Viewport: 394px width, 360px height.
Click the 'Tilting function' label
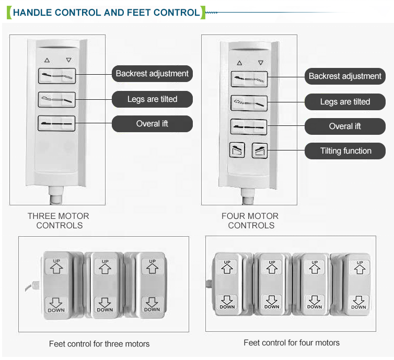(345, 151)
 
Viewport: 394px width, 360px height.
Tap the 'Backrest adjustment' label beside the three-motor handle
(152, 74)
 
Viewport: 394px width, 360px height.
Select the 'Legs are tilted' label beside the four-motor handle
(345, 102)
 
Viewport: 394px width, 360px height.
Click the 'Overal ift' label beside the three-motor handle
(152, 124)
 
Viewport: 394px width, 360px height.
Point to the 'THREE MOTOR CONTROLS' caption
(59, 220)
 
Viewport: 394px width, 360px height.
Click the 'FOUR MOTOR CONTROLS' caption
(250, 220)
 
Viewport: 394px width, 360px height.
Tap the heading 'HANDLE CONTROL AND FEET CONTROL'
(106, 13)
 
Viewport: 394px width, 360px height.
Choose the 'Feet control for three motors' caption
(99, 344)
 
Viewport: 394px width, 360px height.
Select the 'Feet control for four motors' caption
(292, 343)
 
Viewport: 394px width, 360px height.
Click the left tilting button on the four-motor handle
(237, 151)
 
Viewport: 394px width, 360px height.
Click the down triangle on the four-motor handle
(261, 63)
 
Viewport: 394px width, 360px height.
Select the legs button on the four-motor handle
(249, 102)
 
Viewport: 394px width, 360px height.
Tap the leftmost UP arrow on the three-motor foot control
(57, 267)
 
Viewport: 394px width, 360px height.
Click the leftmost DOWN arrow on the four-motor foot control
(227, 300)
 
